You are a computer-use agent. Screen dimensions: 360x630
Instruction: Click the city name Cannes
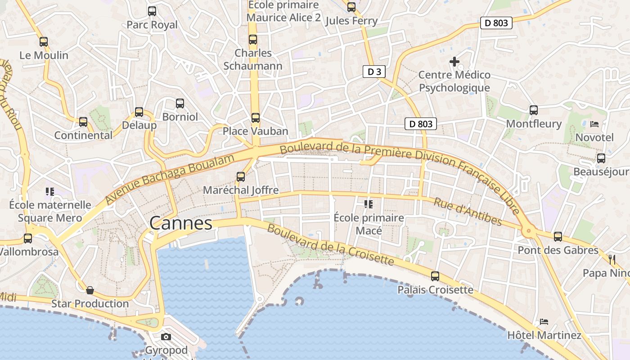(x=180, y=223)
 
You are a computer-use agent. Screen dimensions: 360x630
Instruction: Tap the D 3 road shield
(x=374, y=72)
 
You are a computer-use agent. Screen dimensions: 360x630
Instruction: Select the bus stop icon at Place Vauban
(x=256, y=118)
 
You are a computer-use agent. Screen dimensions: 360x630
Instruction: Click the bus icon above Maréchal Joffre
(x=241, y=177)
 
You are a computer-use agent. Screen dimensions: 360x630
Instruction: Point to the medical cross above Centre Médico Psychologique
(x=454, y=62)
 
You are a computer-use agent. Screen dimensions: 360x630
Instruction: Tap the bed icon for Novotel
(x=594, y=124)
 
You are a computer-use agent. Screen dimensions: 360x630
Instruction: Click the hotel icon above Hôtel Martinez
(x=544, y=322)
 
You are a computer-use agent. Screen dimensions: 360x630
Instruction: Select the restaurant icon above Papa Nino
(x=612, y=259)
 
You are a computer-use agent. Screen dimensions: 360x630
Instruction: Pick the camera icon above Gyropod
(x=166, y=337)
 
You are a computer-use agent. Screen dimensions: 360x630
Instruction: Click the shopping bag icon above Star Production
(x=90, y=290)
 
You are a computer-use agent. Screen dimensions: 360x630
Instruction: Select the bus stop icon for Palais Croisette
(x=435, y=276)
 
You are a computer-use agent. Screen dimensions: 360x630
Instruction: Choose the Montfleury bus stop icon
(x=534, y=110)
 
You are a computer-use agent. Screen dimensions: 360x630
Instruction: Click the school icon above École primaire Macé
(x=369, y=204)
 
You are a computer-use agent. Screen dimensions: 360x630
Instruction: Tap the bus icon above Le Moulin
(x=44, y=42)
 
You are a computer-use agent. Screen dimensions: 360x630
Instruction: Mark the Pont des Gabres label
(x=558, y=250)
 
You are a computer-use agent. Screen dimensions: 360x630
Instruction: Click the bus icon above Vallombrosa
(x=28, y=238)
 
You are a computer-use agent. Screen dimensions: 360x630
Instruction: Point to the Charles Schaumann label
(x=253, y=59)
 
